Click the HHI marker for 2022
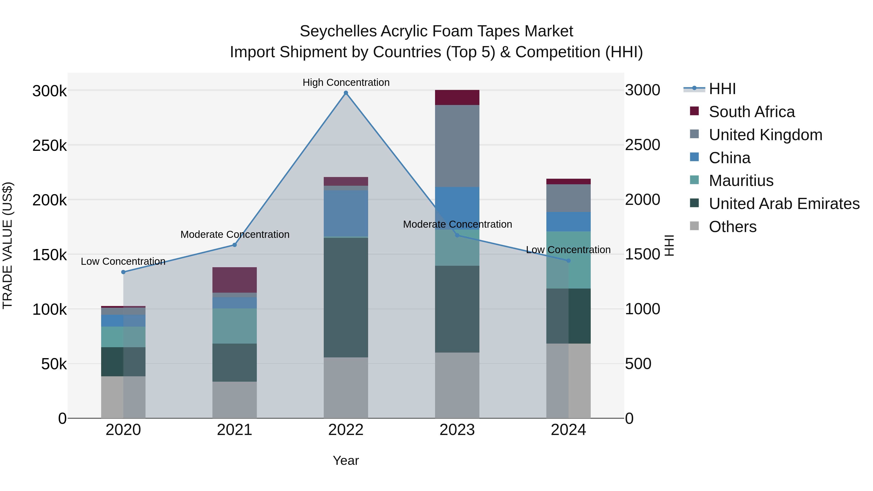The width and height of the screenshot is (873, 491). tap(346, 93)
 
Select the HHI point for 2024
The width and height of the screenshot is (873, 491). tap(568, 261)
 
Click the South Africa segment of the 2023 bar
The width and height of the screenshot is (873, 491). tap(457, 97)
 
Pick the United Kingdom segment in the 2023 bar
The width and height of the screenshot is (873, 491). tap(457, 146)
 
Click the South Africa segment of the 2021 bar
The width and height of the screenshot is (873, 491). tap(234, 280)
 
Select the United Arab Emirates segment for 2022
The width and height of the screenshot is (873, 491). tap(346, 297)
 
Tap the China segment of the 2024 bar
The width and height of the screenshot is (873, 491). tap(568, 222)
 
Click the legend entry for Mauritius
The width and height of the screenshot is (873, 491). tap(741, 181)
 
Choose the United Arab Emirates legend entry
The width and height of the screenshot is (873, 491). tap(784, 204)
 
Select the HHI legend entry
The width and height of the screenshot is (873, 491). tap(722, 89)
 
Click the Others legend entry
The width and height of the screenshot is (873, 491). tap(732, 227)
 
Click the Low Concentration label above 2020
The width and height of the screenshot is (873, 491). tap(123, 261)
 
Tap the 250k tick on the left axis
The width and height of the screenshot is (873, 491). tap(49, 146)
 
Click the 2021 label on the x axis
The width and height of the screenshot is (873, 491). tap(234, 430)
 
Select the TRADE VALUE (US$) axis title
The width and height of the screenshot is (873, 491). tap(8, 245)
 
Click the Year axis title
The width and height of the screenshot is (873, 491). tap(346, 460)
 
